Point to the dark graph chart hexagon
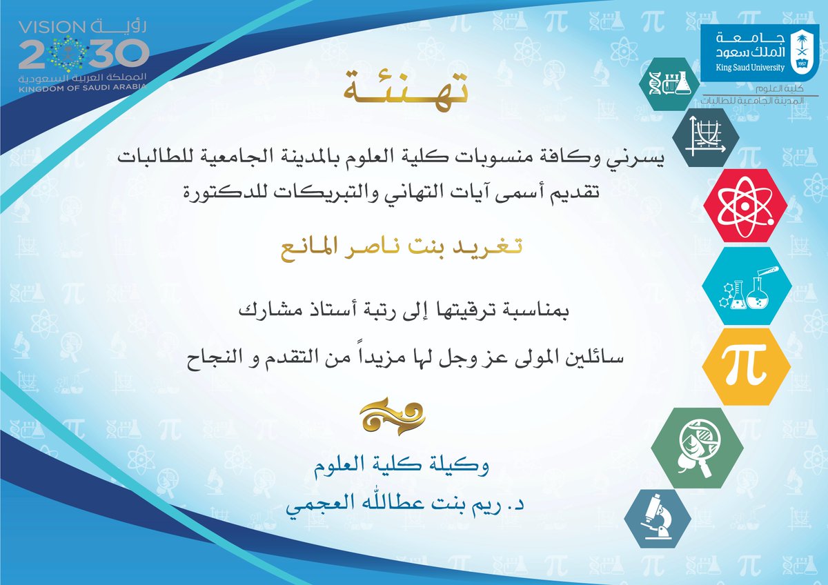coord(706,133)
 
